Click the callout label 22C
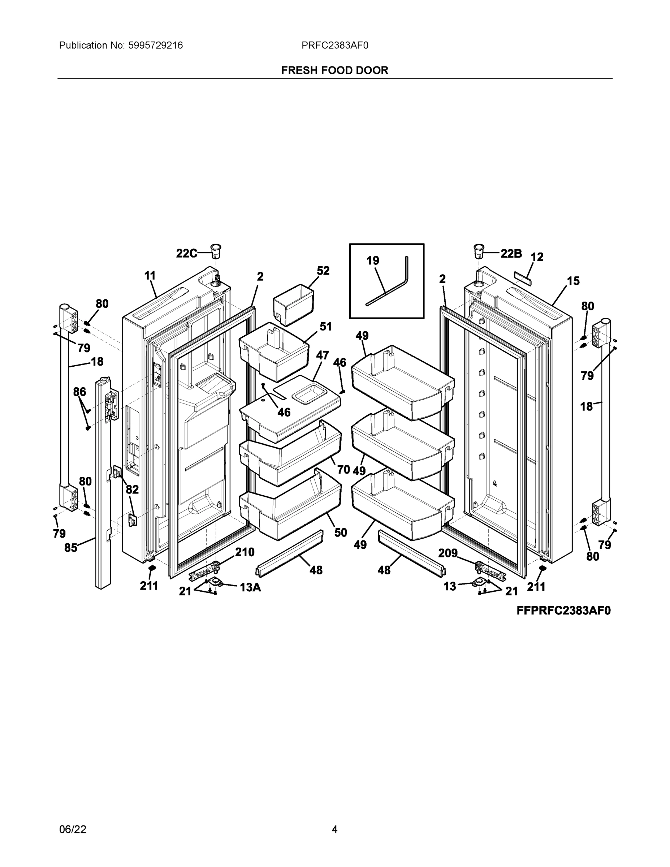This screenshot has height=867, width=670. (x=186, y=253)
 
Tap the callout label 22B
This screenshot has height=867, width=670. (x=511, y=253)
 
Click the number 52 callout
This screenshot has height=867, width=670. (x=323, y=271)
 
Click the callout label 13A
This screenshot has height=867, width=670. (x=250, y=587)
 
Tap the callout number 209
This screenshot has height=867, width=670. (x=448, y=553)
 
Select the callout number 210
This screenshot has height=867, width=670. (x=245, y=552)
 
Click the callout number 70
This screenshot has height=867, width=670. (x=343, y=470)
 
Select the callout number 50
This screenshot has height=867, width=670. (x=341, y=533)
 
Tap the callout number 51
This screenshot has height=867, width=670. (x=325, y=327)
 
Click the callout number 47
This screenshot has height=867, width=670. (x=322, y=355)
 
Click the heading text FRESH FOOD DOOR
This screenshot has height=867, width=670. (x=334, y=70)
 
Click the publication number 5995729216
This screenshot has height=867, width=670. (x=156, y=45)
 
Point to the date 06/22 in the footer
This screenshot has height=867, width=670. (x=73, y=829)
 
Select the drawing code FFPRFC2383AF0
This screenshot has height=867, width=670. (x=563, y=611)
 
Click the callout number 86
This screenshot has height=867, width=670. (x=79, y=392)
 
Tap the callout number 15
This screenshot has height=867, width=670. (x=573, y=281)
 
